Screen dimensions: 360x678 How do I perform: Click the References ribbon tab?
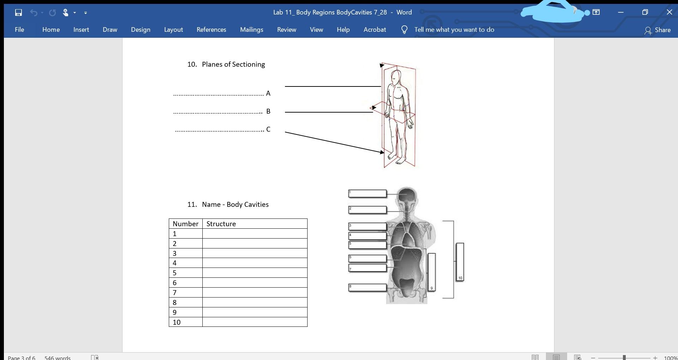point(211,30)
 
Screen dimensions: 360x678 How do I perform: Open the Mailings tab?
point(251,30)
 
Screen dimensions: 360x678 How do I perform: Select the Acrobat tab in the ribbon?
point(374,30)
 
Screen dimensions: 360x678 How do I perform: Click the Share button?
point(657,30)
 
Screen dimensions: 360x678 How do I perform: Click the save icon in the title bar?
point(18,13)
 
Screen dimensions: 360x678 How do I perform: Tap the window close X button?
point(669,12)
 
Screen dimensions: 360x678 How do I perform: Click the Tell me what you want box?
point(454,30)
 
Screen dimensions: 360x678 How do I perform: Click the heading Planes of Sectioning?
point(233,64)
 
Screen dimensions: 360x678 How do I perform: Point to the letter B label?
point(268,112)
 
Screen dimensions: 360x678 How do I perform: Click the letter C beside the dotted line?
point(268,130)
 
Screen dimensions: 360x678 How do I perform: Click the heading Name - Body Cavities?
point(235,204)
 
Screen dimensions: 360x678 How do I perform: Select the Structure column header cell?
point(254,224)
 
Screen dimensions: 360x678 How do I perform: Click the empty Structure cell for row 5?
point(254,273)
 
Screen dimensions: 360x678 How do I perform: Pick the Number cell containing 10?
point(185,322)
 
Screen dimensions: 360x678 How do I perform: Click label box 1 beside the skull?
point(367,193)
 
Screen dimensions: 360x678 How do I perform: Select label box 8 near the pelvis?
point(367,288)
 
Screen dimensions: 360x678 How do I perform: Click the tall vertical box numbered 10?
point(460,262)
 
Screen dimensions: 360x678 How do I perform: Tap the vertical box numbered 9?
point(432,272)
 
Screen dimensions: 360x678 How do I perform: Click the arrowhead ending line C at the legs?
point(382,152)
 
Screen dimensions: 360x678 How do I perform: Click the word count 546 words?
point(57,357)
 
